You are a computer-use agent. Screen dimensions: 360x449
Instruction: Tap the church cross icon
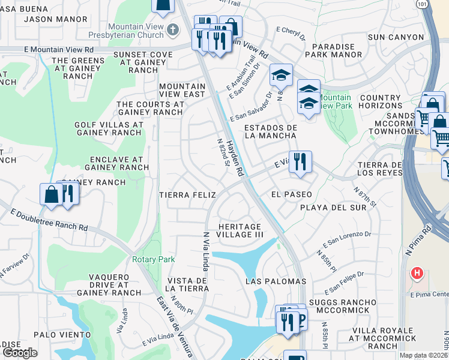click(173, 29)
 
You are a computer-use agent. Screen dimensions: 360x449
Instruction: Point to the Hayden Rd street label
click(235, 157)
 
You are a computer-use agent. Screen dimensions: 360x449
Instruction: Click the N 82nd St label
click(223, 152)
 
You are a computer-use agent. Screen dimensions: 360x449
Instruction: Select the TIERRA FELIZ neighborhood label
click(183, 195)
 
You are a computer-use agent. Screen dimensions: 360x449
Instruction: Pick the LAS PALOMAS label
click(276, 281)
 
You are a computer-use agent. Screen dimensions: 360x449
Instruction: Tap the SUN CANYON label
click(396, 37)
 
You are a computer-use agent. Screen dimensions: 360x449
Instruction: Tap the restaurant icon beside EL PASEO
click(300, 162)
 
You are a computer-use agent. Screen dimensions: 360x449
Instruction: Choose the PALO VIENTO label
click(61, 335)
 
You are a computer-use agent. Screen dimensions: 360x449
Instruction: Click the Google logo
click(20, 353)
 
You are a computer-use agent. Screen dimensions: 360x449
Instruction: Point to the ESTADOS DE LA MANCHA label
click(271, 131)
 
